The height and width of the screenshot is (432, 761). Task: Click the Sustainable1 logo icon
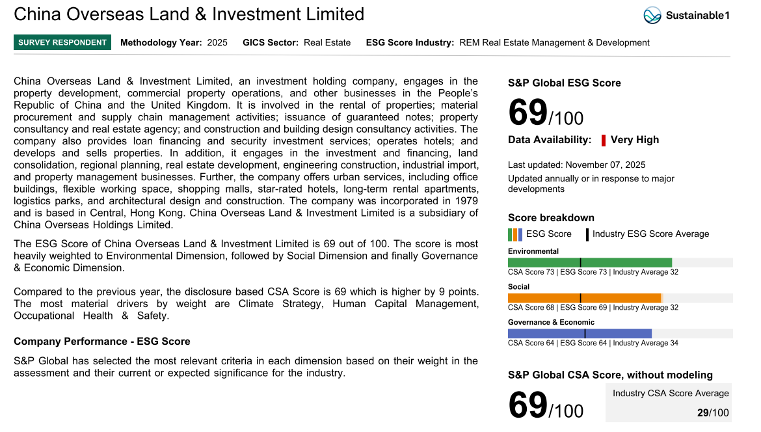pyautogui.click(x=652, y=15)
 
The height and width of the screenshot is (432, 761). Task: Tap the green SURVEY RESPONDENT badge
pyautogui.click(x=62, y=43)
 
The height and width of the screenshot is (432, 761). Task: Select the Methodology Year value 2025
pyautogui.click(x=217, y=43)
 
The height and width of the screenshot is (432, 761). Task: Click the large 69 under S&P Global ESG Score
pyautogui.click(x=527, y=113)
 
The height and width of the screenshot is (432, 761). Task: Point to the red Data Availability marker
pyautogui.click(x=604, y=140)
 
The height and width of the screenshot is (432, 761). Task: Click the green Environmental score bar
pyautogui.click(x=589, y=263)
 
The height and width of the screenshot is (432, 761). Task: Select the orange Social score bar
pyautogui.click(x=584, y=298)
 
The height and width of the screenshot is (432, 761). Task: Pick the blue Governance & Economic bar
pyautogui.click(x=580, y=334)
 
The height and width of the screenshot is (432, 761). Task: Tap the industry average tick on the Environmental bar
pyautogui.click(x=580, y=263)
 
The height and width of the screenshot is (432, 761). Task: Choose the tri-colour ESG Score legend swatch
pyautogui.click(x=515, y=235)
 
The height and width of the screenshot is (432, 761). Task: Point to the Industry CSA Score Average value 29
pyautogui.click(x=702, y=413)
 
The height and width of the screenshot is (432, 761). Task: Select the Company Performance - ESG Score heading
pyautogui.click(x=102, y=342)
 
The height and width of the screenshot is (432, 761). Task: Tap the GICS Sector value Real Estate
pyautogui.click(x=327, y=43)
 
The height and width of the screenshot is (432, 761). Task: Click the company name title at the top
pyautogui.click(x=189, y=14)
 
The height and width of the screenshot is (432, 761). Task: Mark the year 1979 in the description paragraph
pyautogui.click(x=466, y=201)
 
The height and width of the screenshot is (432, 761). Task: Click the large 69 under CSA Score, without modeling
pyautogui.click(x=527, y=405)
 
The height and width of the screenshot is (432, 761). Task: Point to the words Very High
pyautogui.click(x=635, y=140)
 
